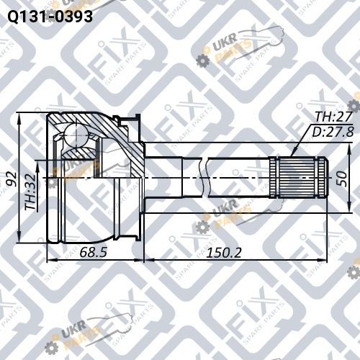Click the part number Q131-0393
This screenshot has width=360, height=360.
pyautogui.click(x=50, y=17)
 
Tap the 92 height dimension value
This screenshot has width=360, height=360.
pyautogui.click(x=12, y=179)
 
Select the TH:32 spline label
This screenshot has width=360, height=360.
pyautogui.click(x=31, y=192)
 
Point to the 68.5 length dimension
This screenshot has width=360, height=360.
pyautogui.click(x=93, y=252)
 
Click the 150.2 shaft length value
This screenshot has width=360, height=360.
pyautogui.click(x=224, y=253)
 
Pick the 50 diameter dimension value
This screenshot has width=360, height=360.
pyautogui.click(x=341, y=179)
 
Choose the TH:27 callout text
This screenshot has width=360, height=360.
pyautogui.click(x=334, y=117)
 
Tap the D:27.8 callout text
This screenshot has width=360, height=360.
pyautogui.click(x=333, y=132)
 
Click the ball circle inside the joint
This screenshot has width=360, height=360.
pyautogui.click(x=76, y=135)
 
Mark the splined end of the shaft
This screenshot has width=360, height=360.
pyautogui.click(x=298, y=177)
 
